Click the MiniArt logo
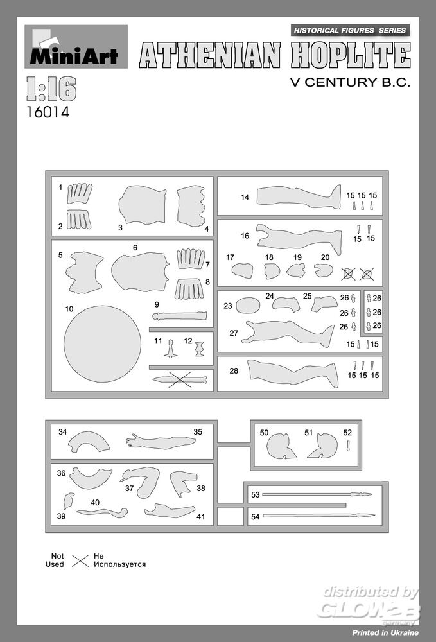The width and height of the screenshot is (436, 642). [x=76, y=47]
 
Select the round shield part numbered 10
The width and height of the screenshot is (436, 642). [x=102, y=344]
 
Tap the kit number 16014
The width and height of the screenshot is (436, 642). [x=48, y=112]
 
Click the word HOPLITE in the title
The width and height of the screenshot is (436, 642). [x=351, y=55]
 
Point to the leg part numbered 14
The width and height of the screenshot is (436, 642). [x=299, y=197]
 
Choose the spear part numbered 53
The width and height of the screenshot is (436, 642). [x=317, y=494]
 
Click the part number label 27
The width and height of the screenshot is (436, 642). [x=234, y=333]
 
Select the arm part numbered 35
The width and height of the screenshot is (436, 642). [x=161, y=442]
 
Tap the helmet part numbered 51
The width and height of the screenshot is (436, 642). [x=323, y=446]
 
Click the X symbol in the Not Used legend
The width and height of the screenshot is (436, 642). [x=80, y=560]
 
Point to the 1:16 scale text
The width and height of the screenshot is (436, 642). [x=51, y=89]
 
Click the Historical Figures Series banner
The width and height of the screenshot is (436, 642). [x=350, y=30]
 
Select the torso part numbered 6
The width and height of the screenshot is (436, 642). [x=140, y=272]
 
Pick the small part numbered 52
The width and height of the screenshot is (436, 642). [x=349, y=446]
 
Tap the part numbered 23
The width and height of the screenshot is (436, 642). [x=248, y=305]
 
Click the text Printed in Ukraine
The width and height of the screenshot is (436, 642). [x=385, y=632]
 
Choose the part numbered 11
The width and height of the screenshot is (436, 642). [x=171, y=349]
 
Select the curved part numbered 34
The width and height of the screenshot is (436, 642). [x=89, y=442]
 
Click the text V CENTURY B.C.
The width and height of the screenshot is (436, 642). [x=350, y=82]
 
